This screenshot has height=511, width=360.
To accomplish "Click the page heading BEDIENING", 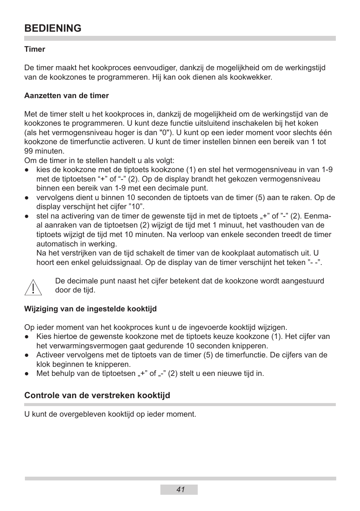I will click(x=53, y=28).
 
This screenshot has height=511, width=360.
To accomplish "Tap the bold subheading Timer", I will click(x=35, y=49).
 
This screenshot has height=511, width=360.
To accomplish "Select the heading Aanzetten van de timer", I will click(x=66, y=95).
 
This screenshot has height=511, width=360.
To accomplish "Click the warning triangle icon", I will click(x=33, y=287).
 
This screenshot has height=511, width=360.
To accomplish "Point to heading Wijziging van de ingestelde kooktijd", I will click(x=90, y=309).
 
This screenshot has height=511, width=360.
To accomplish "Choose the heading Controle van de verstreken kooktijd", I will click(x=97, y=395).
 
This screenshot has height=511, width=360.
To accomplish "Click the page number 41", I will click(x=180, y=489).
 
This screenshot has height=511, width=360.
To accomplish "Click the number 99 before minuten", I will click(x=29, y=151).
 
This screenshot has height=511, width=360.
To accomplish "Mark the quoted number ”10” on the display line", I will click(x=136, y=206).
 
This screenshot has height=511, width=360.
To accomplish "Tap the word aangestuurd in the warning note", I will click(x=302, y=281).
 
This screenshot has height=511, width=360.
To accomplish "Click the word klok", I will click(x=43, y=364).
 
